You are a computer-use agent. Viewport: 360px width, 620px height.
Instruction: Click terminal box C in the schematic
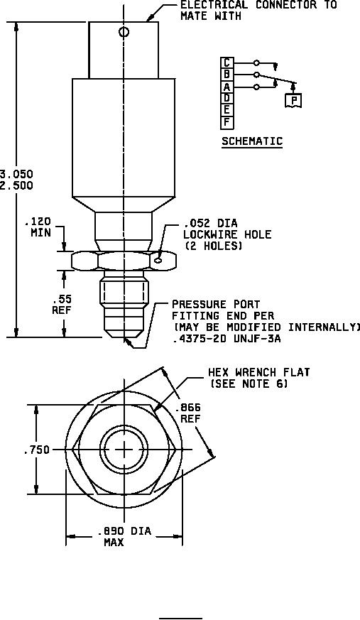click(227, 63)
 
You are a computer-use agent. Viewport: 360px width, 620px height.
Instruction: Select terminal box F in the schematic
click(227, 122)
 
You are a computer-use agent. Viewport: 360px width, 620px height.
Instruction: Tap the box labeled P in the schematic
click(293, 100)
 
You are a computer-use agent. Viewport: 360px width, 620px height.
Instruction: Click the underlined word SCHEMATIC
click(252, 141)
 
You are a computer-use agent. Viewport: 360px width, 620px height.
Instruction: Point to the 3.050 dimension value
click(16, 174)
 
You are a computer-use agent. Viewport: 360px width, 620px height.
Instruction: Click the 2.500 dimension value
click(16, 185)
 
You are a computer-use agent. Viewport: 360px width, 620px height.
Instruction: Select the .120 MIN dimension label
click(41, 227)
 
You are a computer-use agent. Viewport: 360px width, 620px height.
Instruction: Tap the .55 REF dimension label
click(62, 304)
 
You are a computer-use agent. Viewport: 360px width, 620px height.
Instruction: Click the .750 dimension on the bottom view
click(37, 450)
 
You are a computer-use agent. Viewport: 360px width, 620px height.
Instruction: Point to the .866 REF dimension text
click(190, 413)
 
